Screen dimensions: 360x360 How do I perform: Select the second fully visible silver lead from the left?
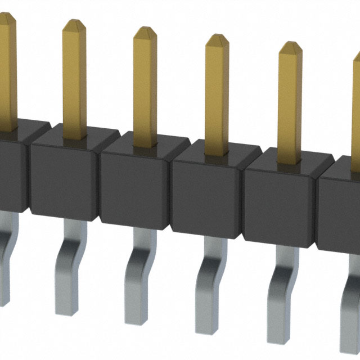(x=138, y=278)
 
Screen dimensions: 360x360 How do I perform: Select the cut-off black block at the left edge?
(x=10, y=169)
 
